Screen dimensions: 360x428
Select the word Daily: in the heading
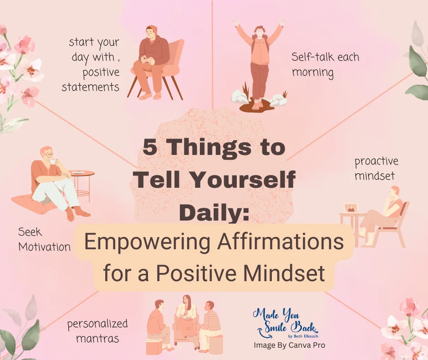click(214, 212)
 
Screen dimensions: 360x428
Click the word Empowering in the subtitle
click(140, 242)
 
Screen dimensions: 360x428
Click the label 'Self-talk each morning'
click(325, 64)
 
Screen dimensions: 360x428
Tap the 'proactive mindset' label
click(376, 168)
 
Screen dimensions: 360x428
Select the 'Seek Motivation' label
click(44, 240)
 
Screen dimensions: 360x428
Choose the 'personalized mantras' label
click(97, 331)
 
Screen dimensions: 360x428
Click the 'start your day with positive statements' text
click(93, 64)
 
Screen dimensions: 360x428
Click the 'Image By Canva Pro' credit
click(289, 345)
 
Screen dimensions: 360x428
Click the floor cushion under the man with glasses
click(36, 203)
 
